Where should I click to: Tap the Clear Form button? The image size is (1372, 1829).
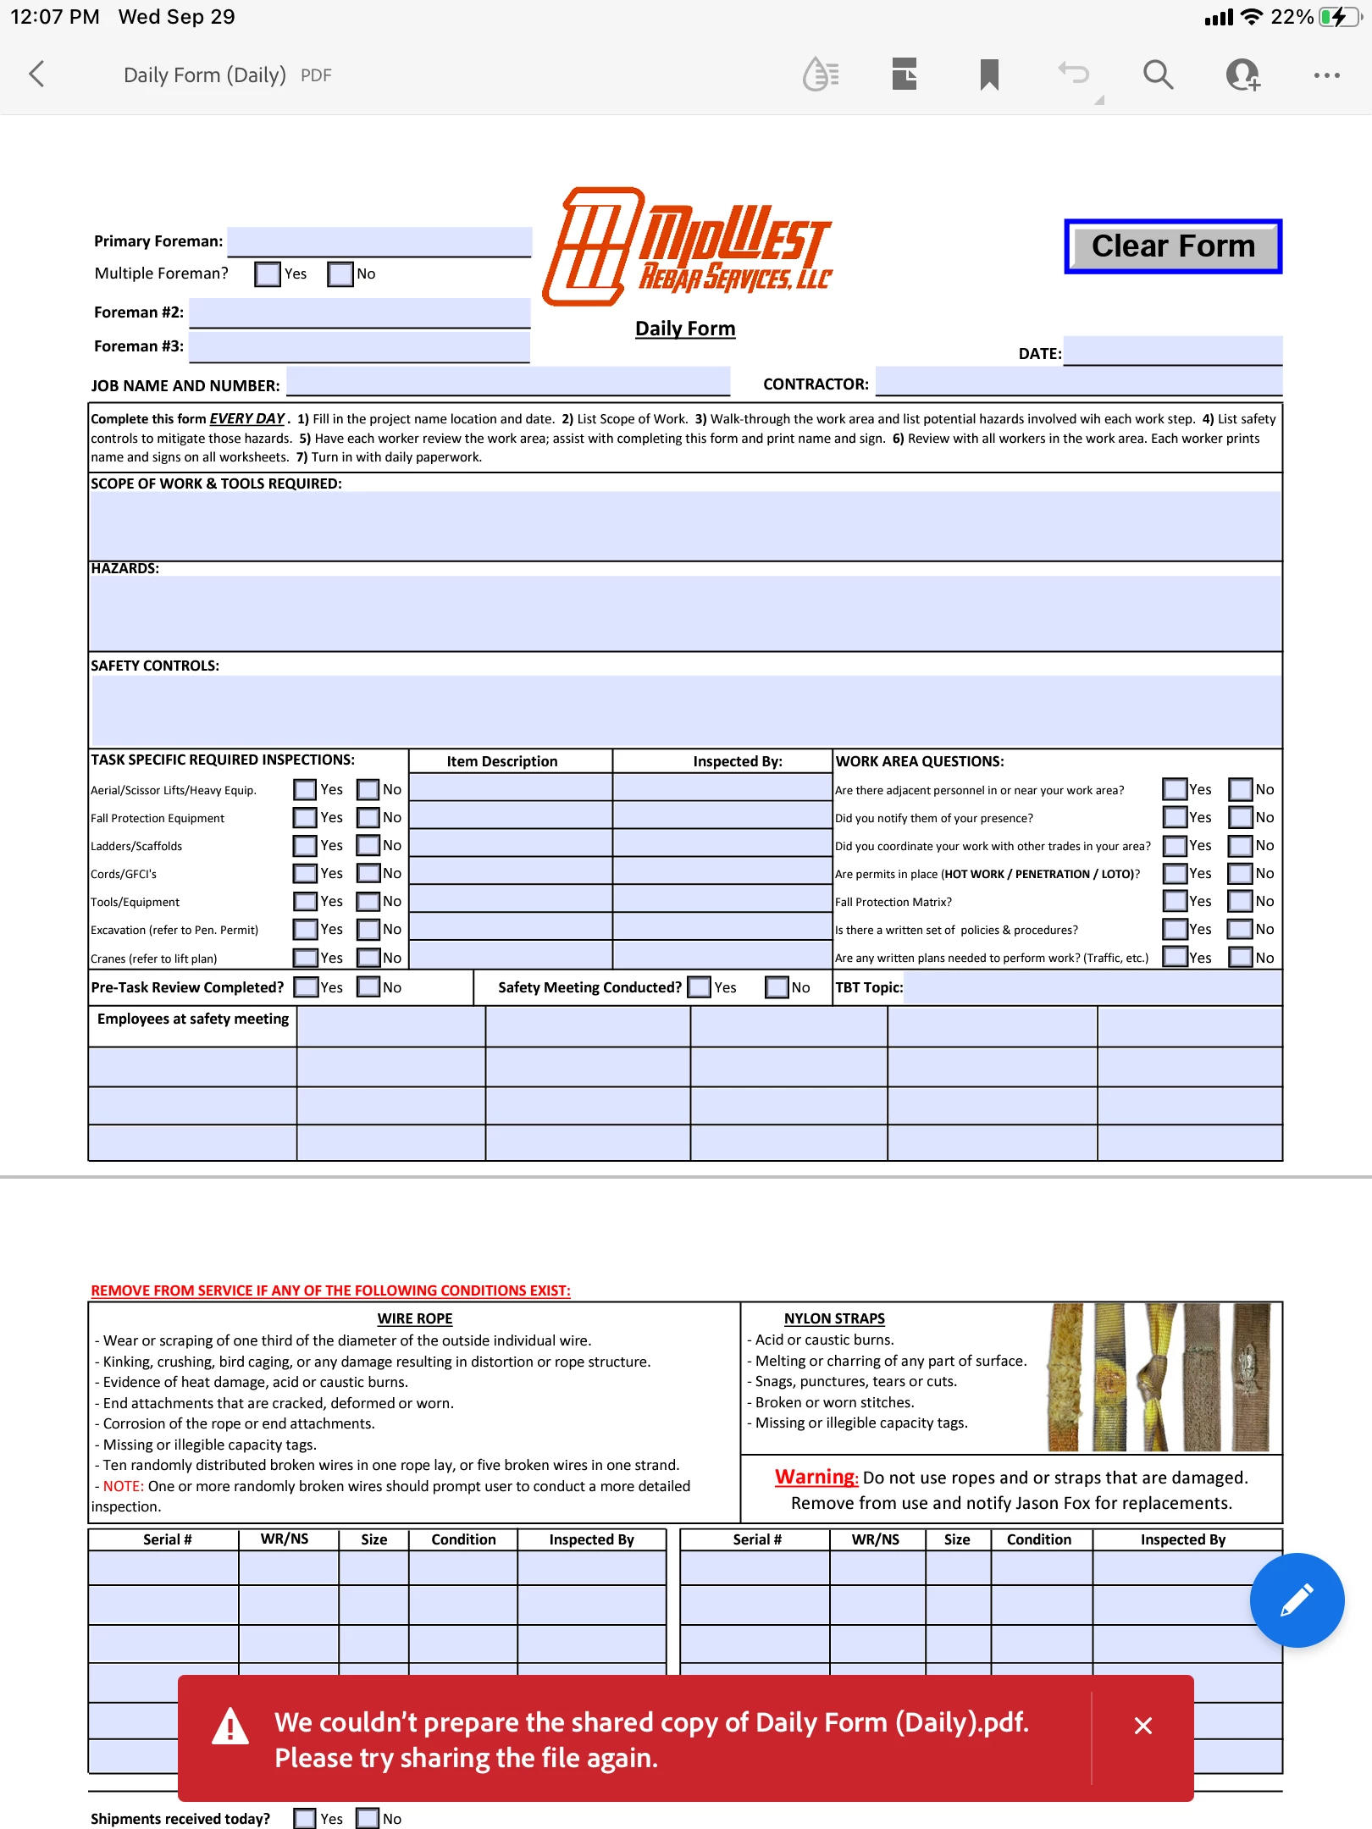[x=1173, y=246]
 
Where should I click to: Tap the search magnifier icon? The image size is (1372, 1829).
[x=1158, y=75]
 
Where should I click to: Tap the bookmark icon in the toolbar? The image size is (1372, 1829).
[x=989, y=75]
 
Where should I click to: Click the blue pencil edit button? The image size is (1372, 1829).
[x=1297, y=1600]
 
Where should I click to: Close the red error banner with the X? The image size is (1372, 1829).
[x=1142, y=1726]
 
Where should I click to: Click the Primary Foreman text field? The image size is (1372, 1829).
[x=379, y=241]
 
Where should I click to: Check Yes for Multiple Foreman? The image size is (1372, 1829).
[x=268, y=274]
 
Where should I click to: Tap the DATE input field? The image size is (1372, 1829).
[x=1172, y=351]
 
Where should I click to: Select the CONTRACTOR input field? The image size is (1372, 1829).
[x=1078, y=381]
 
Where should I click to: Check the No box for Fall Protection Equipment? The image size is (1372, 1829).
[x=368, y=818]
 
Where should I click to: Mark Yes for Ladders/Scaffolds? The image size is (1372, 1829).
[x=305, y=846]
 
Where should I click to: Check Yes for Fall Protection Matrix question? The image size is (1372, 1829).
[x=1175, y=901]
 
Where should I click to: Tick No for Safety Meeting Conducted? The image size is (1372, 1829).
[x=777, y=987]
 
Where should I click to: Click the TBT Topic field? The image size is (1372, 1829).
[x=1092, y=987]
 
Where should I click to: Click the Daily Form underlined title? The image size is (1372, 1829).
[x=685, y=329]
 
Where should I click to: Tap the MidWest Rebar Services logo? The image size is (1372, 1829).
[x=689, y=246]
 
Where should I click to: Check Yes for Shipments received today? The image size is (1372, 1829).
[x=305, y=1818]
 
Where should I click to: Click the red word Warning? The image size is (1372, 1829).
[x=816, y=1477]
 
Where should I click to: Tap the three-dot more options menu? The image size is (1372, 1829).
[x=1326, y=75]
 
